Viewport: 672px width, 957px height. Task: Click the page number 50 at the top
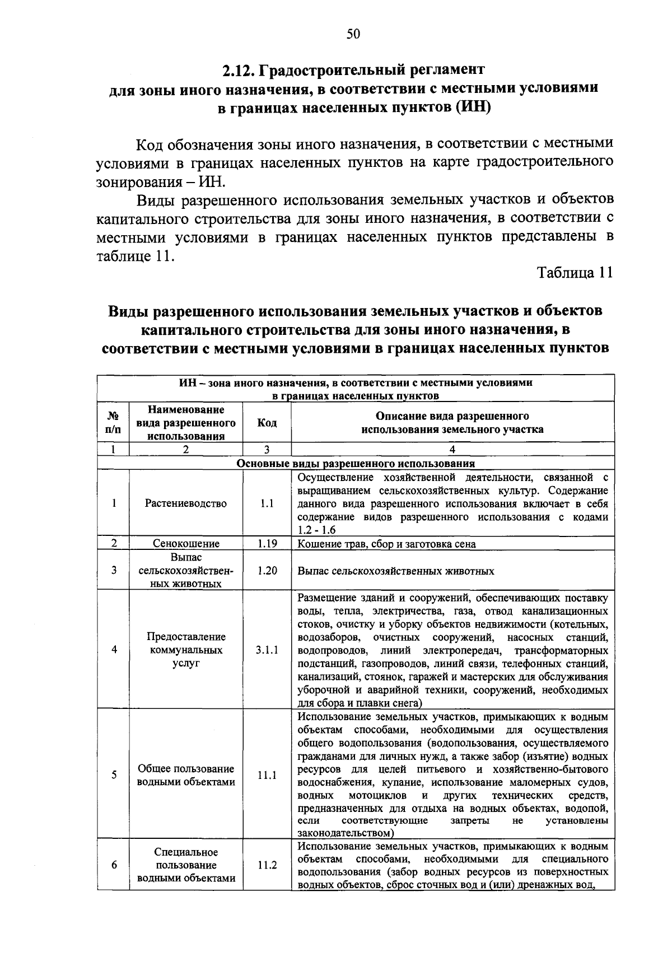click(353, 34)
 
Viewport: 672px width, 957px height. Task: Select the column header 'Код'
click(267, 423)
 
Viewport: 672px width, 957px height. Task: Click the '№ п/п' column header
click(113, 423)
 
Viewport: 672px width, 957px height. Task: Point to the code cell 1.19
click(267, 543)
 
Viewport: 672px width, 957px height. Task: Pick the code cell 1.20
click(267, 571)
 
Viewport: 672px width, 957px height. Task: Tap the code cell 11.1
click(267, 776)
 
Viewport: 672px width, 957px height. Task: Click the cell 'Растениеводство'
click(186, 503)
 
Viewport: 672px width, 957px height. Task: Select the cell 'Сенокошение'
click(186, 543)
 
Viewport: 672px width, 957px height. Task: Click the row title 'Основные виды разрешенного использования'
click(356, 464)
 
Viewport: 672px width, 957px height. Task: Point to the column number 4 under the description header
click(452, 449)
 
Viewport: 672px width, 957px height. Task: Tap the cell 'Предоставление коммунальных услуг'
click(186, 650)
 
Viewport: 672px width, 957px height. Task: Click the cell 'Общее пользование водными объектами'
click(186, 775)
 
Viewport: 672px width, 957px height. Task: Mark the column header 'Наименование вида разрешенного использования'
click(186, 423)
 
